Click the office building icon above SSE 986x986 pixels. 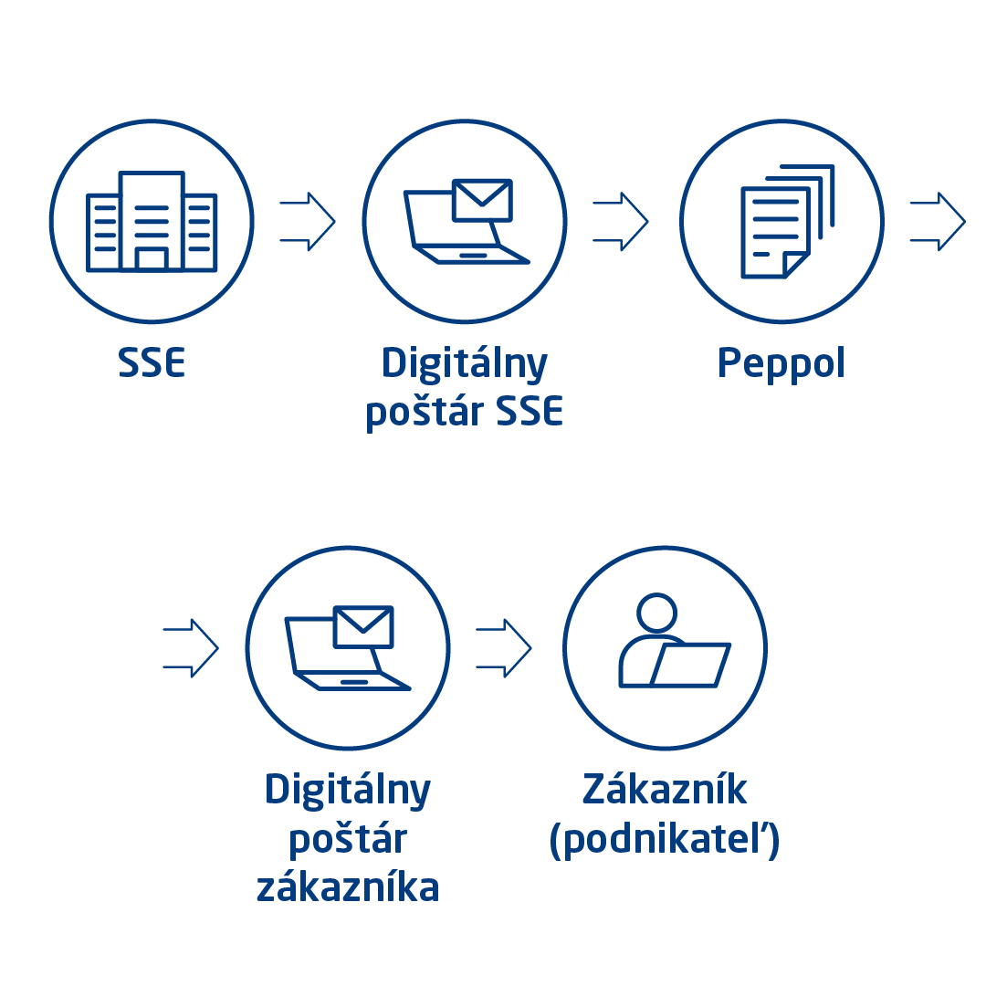pyautogui.click(x=152, y=221)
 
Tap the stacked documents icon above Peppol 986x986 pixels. pyautogui.click(x=787, y=221)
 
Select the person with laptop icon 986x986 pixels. pyautogui.click(x=675, y=640)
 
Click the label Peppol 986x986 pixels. pyautogui.click(x=781, y=363)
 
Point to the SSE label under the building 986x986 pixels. pyautogui.click(x=152, y=362)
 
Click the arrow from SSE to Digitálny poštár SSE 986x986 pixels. pyautogui.click(x=308, y=221)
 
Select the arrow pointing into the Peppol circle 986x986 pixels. pyautogui.click(x=621, y=221)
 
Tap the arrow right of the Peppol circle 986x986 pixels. pyautogui.click(x=938, y=221)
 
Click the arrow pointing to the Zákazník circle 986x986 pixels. pyautogui.click(x=504, y=648)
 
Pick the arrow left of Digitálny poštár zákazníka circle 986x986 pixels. pyautogui.click(x=191, y=648)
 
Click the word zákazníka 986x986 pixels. pyautogui.click(x=348, y=887)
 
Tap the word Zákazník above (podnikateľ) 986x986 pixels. pyautogui.click(x=665, y=789)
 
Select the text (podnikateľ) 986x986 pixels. pyautogui.click(x=665, y=840)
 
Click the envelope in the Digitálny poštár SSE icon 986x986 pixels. pyautogui.click(x=482, y=201)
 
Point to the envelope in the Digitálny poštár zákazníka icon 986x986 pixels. pyautogui.click(x=363, y=627)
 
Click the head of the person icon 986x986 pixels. pyautogui.click(x=656, y=613)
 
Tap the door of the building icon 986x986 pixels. pyautogui.click(x=152, y=259)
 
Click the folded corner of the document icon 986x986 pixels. pyautogui.click(x=797, y=265)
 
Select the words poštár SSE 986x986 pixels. pyautogui.click(x=464, y=414)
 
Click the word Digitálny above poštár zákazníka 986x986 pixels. pyautogui.click(x=348, y=791)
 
